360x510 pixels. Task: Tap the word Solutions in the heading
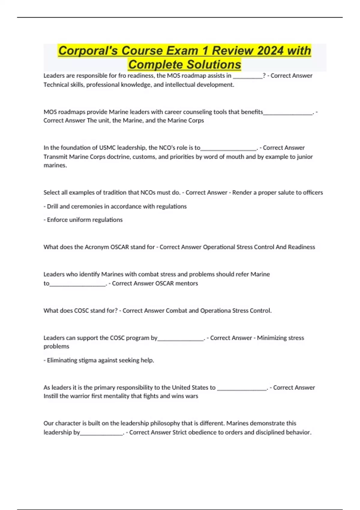[x=213, y=64]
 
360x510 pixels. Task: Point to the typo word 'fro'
[x=122, y=76]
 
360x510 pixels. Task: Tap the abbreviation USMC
[x=107, y=148]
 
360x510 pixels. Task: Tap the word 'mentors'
[x=187, y=283]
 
